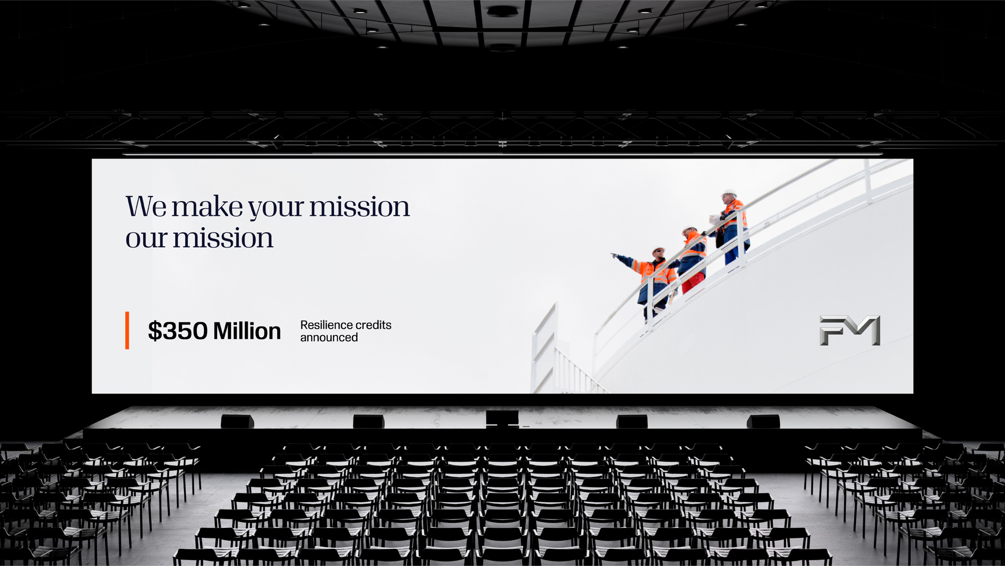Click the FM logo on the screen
pyautogui.click(x=850, y=330)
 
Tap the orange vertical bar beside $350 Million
pyautogui.click(x=127, y=330)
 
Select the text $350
pyautogui.click(x=177, y=331)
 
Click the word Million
pyautogui.click(x=247, y=331)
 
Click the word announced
pyautogui.click(x=329, y=338)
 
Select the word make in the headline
pyautogui.click(x=207, y=207)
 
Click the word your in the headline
pyautogui.click(x=276, y=209)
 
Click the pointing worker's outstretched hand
pyautogui.click(x=614, y=256)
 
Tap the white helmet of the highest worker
pyautogui.click(x=729, y=193)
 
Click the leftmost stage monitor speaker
pyautogui.click(x=237, y=421)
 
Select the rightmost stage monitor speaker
pyautogui.click(x=763, y=421)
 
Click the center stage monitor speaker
pyautogui.click(x=502, y=418)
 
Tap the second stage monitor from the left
pyautogui.click(x=369, y=421)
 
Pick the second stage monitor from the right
pyautogui.click(x=632, y=421)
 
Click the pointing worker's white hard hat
pyautogui.click(x=658, y=250)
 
